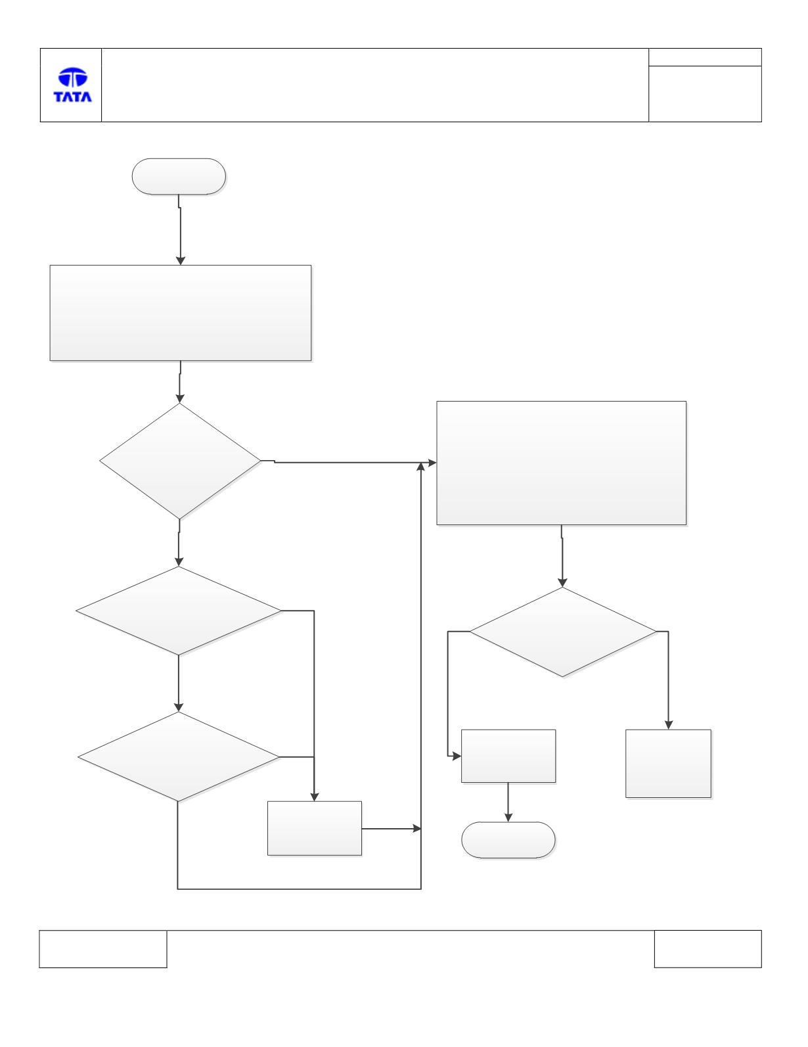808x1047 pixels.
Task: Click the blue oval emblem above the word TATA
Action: click(x=73, y=77)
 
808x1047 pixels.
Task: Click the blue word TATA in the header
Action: click(x=73, y=97)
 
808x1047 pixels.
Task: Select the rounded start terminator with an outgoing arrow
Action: click(x=179, y=176)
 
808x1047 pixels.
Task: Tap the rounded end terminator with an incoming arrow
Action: click(x=508, y=840)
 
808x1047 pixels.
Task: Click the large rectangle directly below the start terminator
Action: click(x=181, y=313)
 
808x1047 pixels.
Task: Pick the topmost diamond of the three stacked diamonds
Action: click(x=180, y=461)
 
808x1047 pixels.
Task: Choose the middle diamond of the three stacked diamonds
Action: click(x=179, y=611)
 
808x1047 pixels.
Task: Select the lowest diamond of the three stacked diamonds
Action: click(x=179, y=757)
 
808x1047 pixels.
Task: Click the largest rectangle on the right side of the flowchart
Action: click(x=562, y=463)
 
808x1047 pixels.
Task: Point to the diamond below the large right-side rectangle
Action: click(x=563, y=632)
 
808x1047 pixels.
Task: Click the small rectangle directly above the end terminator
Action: click(x=508, y=756)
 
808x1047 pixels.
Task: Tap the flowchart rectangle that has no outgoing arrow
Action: click(x=668, y=764)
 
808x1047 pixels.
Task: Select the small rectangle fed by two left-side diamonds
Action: click(x=315, y=828)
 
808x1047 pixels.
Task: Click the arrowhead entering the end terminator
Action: click(x=508, y=818)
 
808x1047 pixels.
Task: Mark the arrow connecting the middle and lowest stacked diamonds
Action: click(x=179, y=684)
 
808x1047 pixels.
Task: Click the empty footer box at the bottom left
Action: click(x=103, y=948)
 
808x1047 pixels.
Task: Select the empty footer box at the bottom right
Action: click(x=708, y=948)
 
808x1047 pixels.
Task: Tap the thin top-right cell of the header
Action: click(x=705, y=57)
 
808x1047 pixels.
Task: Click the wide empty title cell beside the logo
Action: click(x=375, y=85)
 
